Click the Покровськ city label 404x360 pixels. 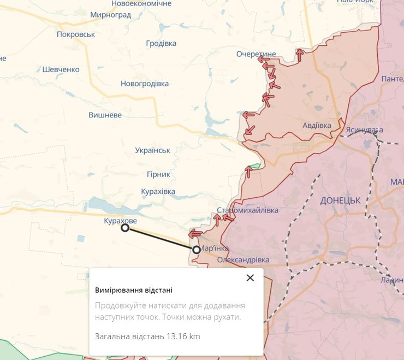(76, 34)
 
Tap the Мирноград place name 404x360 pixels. (111, 15)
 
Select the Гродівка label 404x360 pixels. (162, 44)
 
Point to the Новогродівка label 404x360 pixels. (145, 84)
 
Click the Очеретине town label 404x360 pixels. (256, 54)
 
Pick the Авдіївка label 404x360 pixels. (317, 125)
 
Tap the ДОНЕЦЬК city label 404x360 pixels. (340, 200)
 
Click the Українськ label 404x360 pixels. (153, 150)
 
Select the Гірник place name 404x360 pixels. (158, 174)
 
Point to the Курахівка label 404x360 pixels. (158, 191)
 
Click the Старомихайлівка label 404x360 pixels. (247, 210)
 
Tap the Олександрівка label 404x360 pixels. (243, 260)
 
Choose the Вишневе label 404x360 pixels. (105, 115)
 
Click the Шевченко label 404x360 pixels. (61, 69)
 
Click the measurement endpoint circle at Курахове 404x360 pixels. (125, 228)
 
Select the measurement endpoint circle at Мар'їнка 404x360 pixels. (197, 250)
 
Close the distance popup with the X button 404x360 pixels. (250, 278)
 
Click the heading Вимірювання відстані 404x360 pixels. (133, 290)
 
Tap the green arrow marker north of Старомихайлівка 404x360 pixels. (254, 166)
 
